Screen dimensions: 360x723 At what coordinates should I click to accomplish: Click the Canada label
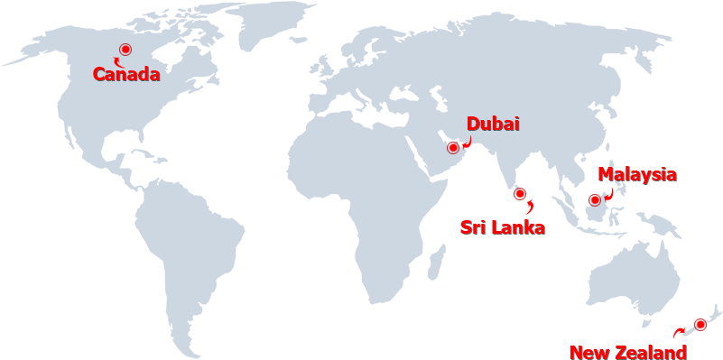coord(126,74)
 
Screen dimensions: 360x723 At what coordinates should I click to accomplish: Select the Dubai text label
coord(493,125)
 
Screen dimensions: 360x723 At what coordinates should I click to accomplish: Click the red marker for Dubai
coord(452,147)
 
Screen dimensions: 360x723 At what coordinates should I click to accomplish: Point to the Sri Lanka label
coord(503,227)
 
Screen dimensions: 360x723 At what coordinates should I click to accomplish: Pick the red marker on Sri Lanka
coord(519,193)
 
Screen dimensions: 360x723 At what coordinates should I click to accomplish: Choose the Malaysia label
coord(636,174)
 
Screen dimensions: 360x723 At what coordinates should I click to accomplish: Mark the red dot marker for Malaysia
coord(594,199)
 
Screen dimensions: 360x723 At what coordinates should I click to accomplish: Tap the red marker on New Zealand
coord(700,325)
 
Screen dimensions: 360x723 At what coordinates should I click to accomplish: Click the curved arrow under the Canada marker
coord(117,60)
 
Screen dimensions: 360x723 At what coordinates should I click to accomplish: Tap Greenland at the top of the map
coord(271,23)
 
